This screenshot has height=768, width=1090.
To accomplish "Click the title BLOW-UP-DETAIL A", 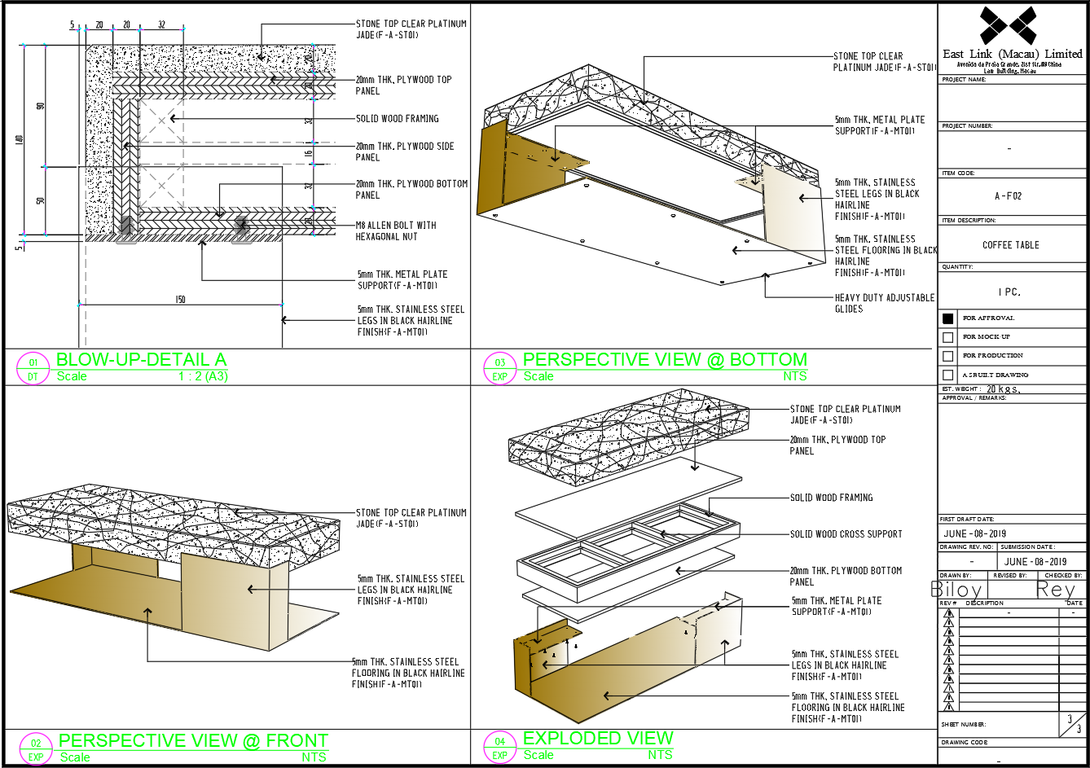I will point(141,360).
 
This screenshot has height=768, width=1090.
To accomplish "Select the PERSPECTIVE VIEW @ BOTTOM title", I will point(665,360).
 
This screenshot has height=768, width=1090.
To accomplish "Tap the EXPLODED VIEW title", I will point(598,739).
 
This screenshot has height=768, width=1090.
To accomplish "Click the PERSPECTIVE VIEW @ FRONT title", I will point(194,741).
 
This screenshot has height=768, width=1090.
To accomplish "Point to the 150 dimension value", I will point(180,300).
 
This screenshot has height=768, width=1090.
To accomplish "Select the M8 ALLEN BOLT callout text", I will point(396,230).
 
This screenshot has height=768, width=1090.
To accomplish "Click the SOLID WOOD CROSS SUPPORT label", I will point(846,534).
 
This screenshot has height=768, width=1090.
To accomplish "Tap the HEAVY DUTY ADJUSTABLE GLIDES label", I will point(884,303).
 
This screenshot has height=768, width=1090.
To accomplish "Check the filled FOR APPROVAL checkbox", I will point(947,318).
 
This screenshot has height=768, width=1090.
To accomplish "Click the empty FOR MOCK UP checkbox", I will point(947,337).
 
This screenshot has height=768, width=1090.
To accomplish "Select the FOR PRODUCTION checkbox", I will point(947,356).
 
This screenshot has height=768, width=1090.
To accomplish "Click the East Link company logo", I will point(1008,25).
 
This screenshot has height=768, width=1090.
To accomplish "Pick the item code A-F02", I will point(1008,196).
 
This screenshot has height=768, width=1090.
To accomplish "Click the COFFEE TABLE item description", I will point(1010,245).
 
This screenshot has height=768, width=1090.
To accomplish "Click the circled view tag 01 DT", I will point(33,369).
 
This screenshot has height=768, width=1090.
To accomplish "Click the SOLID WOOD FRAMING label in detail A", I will point(397,119).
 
